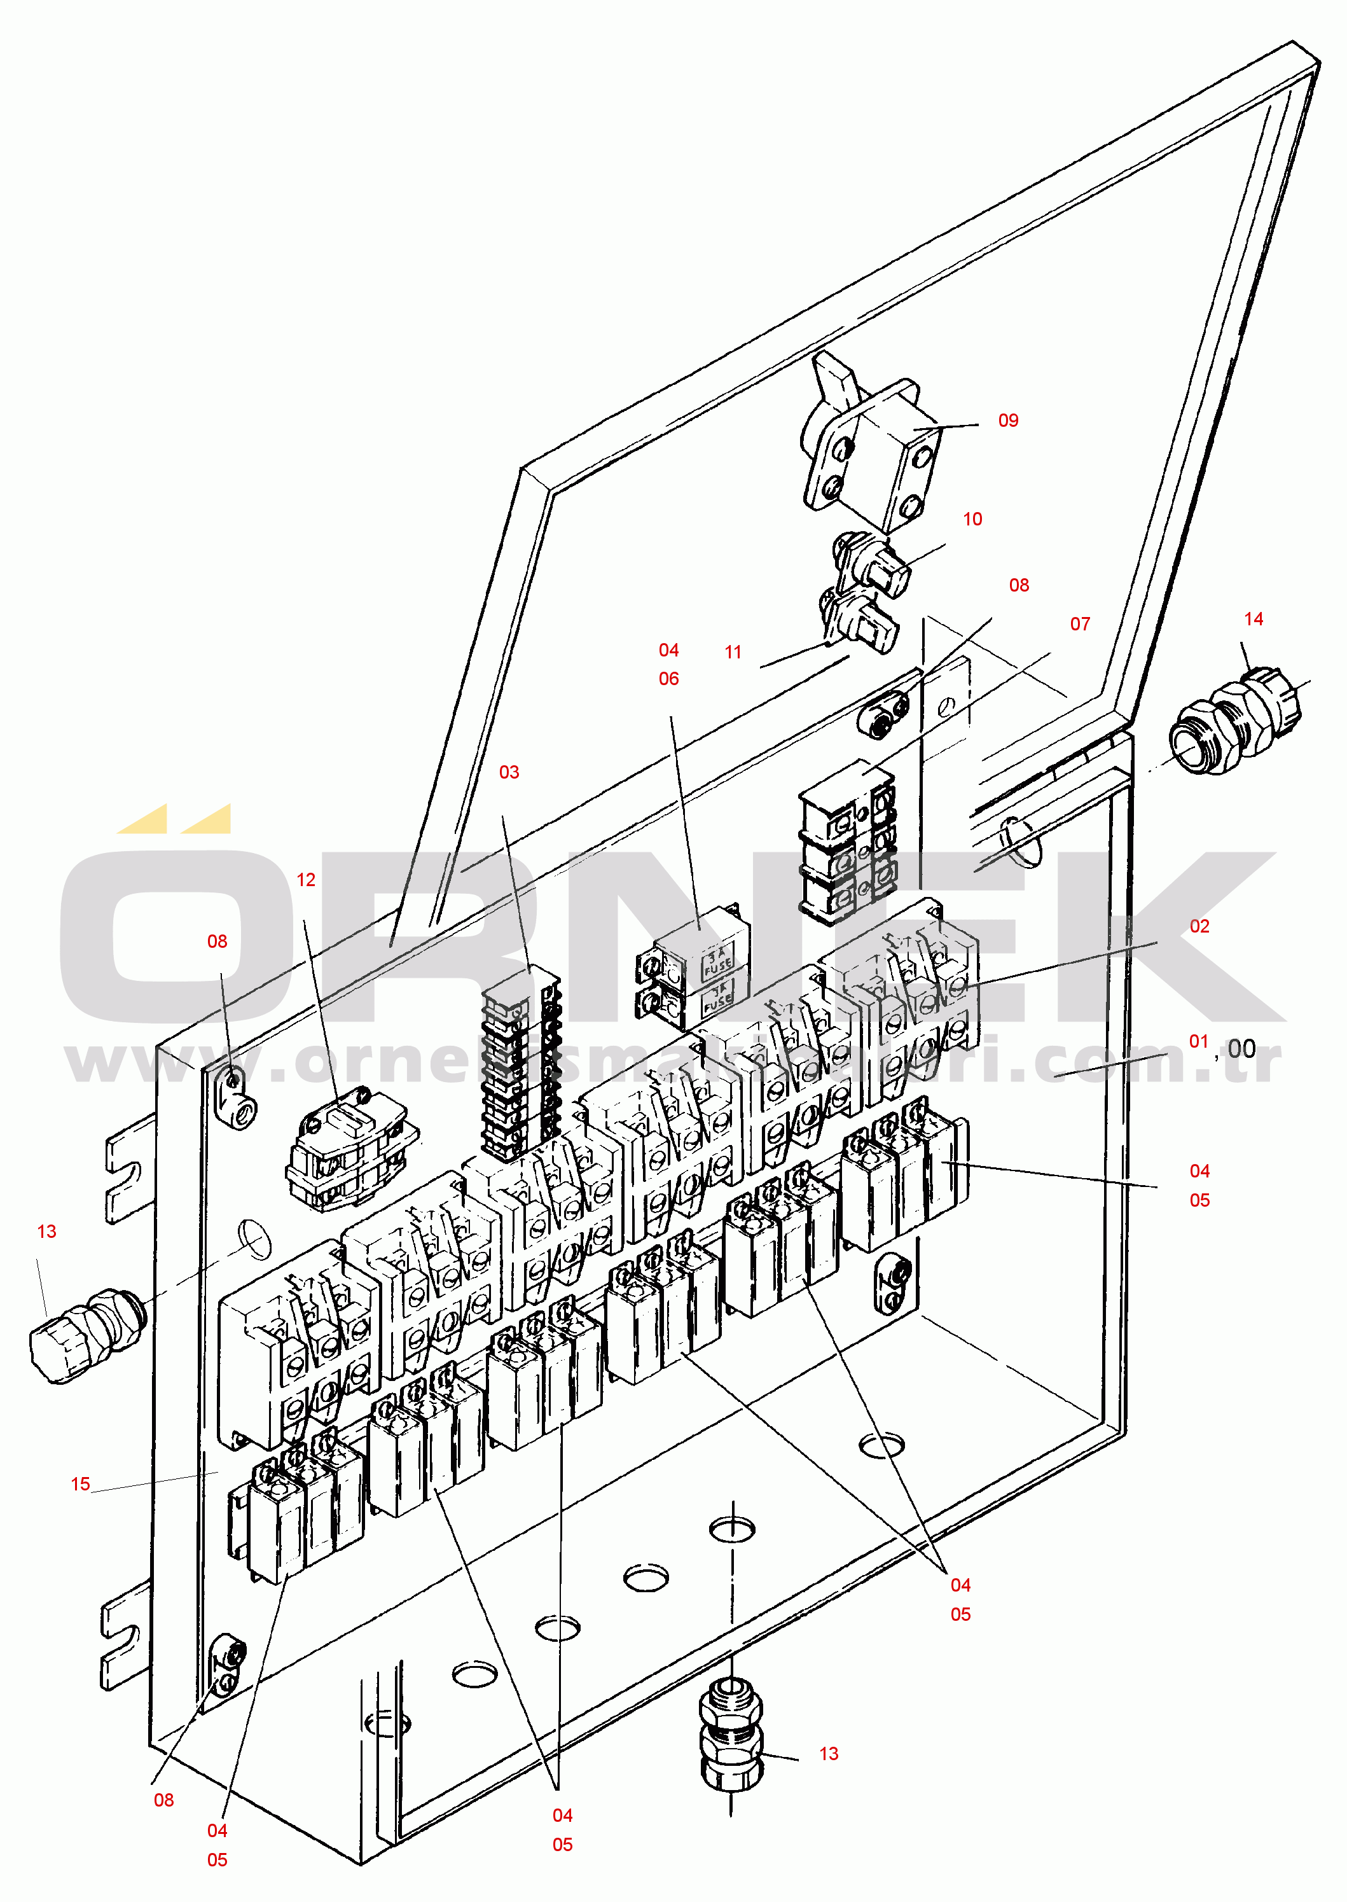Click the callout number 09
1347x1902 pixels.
pos(1008,420)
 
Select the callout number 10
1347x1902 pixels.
pos(972,519)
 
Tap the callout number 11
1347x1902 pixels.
pos(733,653)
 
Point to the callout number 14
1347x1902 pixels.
pos(1254,619)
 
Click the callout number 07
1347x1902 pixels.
pos(1080,624)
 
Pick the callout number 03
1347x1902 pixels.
pos(508,772)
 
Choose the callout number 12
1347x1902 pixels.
pos(306,880)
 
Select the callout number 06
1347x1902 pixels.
pos(668,679)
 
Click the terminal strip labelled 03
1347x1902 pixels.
pos(521,1066)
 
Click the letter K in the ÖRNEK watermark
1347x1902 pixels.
pos(1194,937)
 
